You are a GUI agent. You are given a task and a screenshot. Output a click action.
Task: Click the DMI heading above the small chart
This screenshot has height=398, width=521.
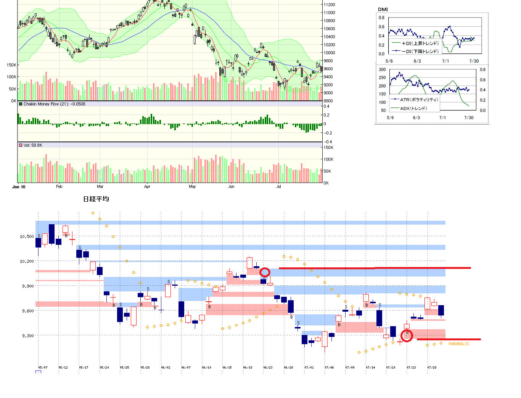point(383,10)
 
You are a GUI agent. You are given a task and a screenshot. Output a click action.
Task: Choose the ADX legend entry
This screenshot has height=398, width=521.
point(413,108)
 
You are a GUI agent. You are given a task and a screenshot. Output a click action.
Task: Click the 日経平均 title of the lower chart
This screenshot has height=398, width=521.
point(96,199)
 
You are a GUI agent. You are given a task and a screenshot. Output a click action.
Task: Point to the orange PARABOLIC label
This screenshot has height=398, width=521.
point(459,344)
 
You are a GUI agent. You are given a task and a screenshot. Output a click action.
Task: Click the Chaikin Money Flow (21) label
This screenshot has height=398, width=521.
point(54,104)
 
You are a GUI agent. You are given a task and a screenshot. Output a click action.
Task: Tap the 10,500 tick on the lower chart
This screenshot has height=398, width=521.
point(27,236)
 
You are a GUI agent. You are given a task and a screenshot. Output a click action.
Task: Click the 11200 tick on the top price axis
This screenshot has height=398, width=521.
point(329,5)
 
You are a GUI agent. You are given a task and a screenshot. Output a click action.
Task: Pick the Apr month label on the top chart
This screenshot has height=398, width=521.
point(147,187)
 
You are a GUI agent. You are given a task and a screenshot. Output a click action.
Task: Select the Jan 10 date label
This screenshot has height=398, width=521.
point(19,187)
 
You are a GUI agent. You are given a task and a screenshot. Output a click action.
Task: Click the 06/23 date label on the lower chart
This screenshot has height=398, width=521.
point(268,367)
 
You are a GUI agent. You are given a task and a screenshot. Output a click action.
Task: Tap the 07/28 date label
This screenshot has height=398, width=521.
point(432,367)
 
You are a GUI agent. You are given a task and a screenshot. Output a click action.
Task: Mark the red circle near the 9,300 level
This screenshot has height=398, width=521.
point(407,336)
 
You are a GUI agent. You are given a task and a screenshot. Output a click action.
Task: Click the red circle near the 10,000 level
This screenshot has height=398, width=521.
point(265,272)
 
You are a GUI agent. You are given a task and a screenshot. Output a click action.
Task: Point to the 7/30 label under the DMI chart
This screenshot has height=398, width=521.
point(474,61)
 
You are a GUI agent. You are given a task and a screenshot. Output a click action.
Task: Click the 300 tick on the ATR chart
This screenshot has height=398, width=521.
point(382,70)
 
